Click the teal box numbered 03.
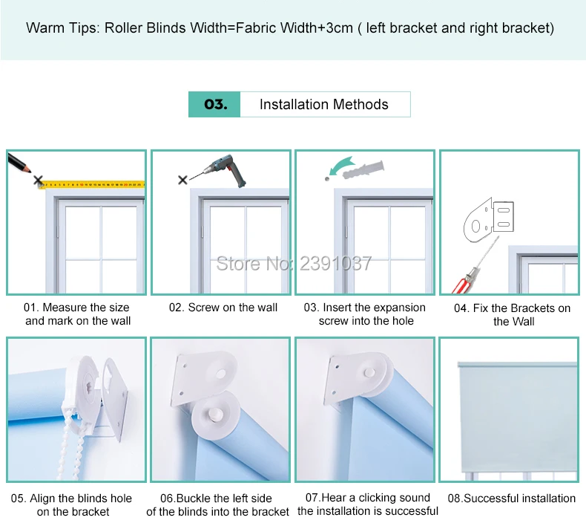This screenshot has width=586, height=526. [214, 105]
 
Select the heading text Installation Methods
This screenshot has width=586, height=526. [324, 105]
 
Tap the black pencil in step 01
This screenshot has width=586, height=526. [19, 163]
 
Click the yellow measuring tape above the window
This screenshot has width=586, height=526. [92, 184]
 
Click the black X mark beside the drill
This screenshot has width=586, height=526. [182, 180]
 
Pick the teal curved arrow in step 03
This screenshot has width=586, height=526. [343, 166]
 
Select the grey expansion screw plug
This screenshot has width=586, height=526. [363, 170]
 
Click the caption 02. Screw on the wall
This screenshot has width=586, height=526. [223, 308]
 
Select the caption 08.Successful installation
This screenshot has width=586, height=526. [512, 499]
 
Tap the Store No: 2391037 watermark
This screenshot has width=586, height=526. [294, 264]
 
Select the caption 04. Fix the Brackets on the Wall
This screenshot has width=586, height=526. [513, 314]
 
